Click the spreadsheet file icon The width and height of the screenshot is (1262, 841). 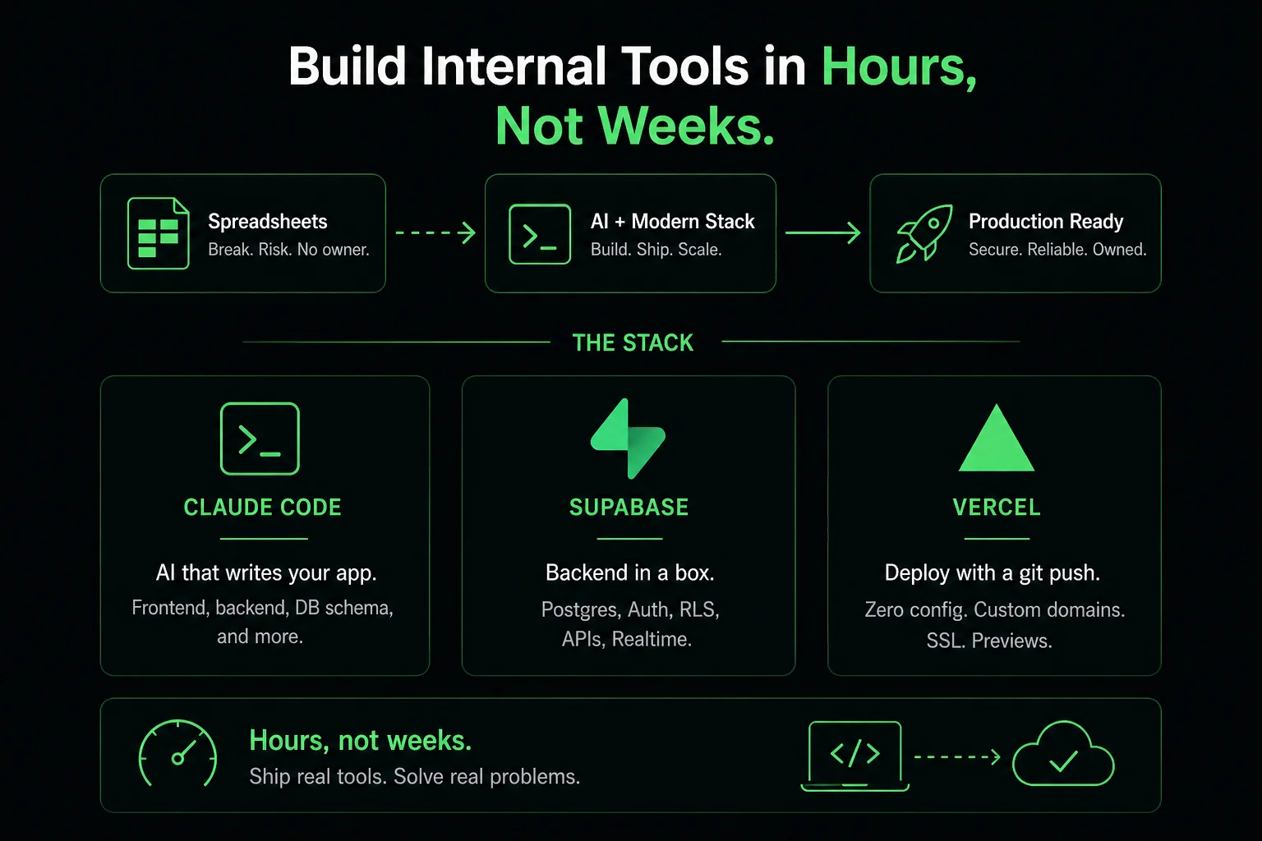click(x=159, y=233)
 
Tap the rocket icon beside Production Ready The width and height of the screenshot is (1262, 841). click(x=924, y=233)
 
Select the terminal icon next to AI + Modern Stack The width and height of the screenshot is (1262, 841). click(x=540, y=234)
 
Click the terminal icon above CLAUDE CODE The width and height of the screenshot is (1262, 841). click(x=260, y=439)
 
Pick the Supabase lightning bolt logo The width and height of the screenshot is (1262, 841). click(x=629, y=439)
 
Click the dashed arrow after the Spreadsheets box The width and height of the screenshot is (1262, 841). click(x=435, y=232)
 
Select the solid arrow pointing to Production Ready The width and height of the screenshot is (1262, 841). click(x=823, y=232)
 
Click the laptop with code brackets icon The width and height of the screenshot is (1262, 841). click(x=854, y=756)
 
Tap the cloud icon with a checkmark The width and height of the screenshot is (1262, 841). click(x=1063, y=753)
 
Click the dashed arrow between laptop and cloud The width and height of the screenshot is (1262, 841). click(x=957, y=756)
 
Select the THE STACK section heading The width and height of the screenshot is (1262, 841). click(x=633, y=342)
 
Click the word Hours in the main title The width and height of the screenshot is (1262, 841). click(x=899, y=67)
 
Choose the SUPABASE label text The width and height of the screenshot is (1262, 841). click(x=629, y=507)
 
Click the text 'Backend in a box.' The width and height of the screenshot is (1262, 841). click(x=630, y=572)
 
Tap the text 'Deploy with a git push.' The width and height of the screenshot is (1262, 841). click(x=993, y=573)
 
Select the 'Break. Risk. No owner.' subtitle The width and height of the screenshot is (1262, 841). click(x=288, y=250)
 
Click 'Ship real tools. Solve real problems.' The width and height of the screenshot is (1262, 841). click(x=415, y=776)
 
